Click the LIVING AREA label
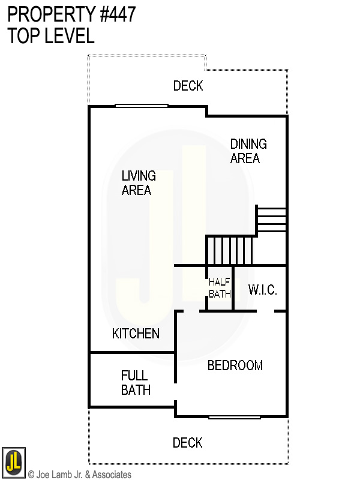point(138,183)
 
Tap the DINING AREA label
point(248,151)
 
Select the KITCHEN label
point(136,334)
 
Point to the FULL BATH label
point(135,383)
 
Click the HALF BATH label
point(219,287)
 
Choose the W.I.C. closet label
point(262,290)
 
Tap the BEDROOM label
point(235,365)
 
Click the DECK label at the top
point(188,86)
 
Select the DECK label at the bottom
point(187,443)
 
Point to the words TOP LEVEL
point(51,36)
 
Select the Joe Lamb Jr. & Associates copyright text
point(79,475)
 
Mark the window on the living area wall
point(142,106)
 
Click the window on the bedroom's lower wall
point(235,417)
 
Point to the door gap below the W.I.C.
point(265,311)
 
